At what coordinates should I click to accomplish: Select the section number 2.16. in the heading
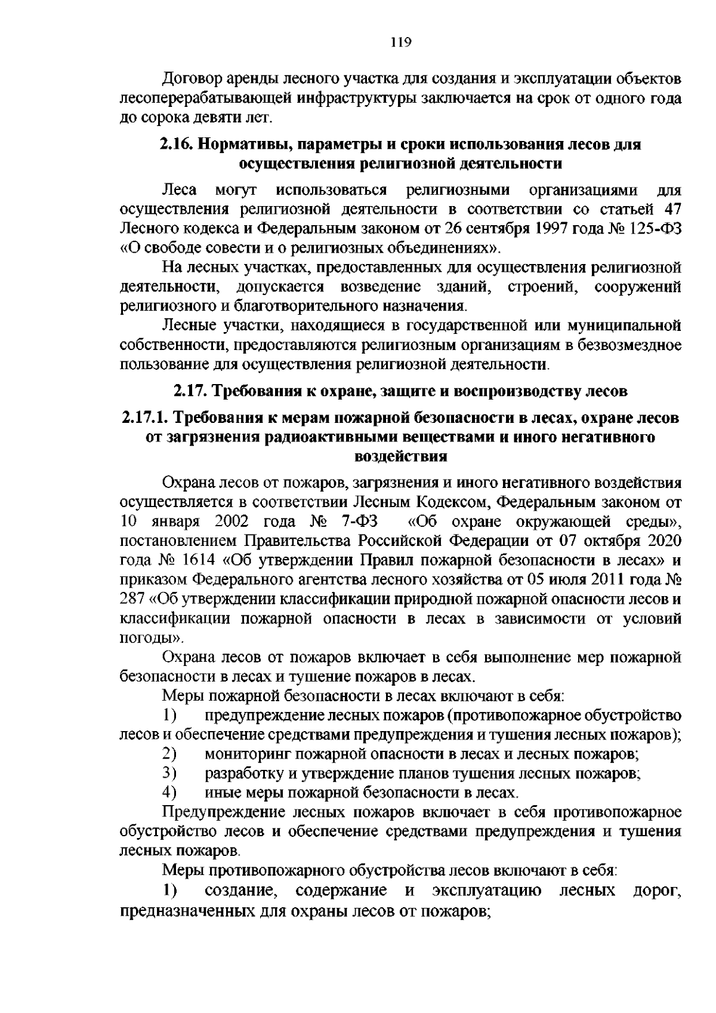coord(176,144)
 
